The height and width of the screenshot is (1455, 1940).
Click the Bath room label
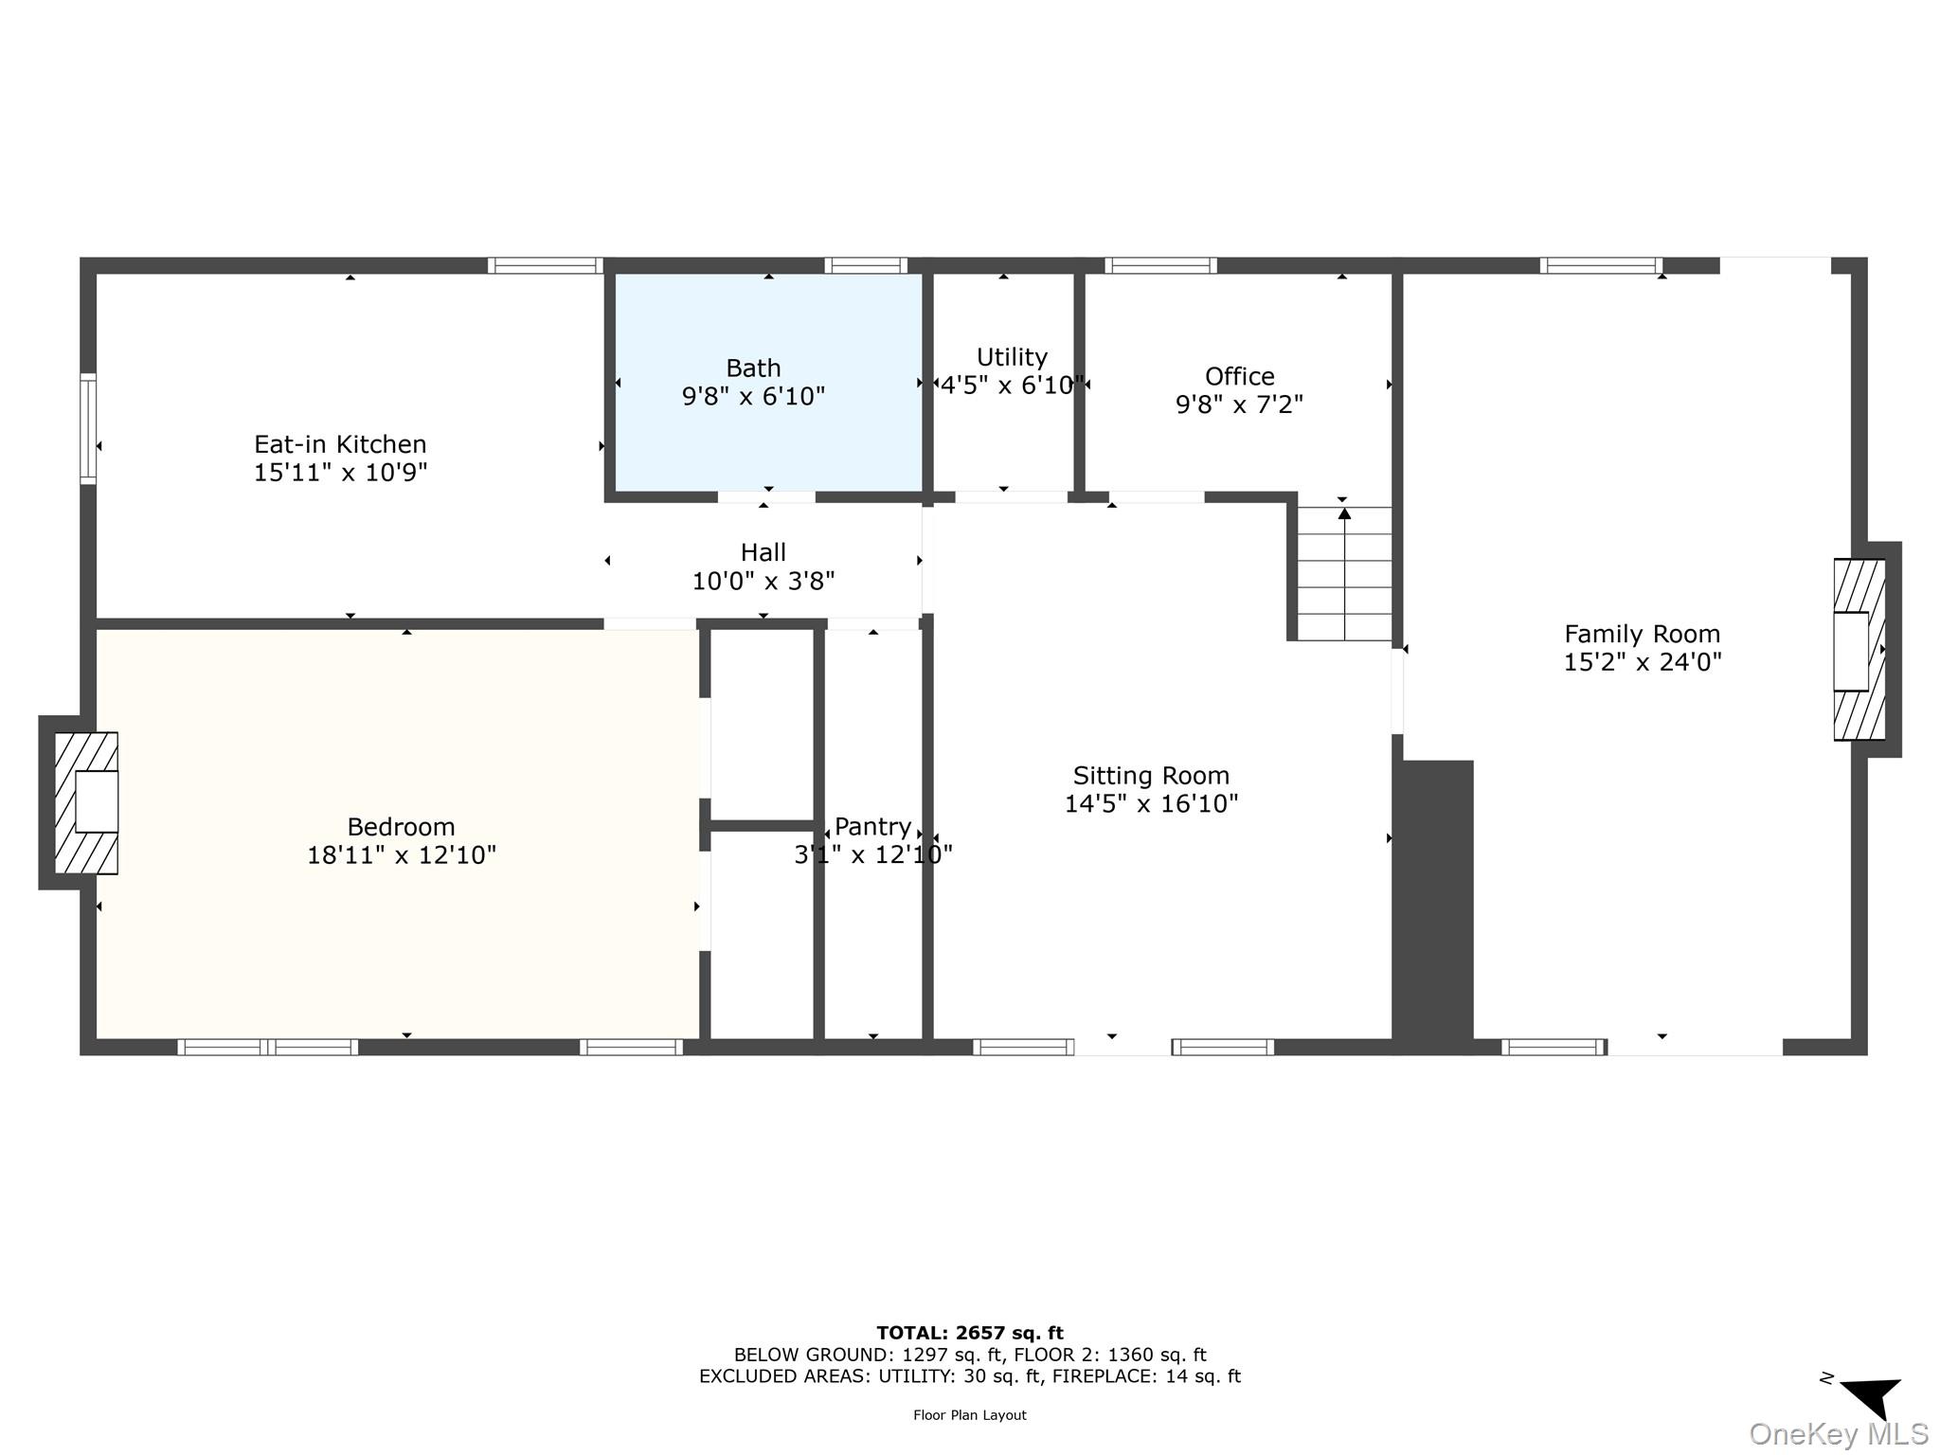pos(753,368)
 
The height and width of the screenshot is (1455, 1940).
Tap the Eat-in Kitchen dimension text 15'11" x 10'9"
pos(340,473)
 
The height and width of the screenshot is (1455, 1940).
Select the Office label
pos(1239,376)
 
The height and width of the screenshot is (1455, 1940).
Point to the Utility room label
pos(1012,357)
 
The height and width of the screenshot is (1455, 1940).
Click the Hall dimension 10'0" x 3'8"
pos(763,581)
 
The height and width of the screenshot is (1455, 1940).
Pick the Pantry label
pos(872,826)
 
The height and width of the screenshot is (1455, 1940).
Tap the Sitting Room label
pos(1151,776)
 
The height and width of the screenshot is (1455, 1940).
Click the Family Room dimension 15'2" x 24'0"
pos(1642,662)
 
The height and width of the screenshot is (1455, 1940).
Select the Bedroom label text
pos(401,827)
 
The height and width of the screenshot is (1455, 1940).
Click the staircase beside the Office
pos(1344,573)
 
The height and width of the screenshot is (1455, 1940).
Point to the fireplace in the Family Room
pos(1859,650)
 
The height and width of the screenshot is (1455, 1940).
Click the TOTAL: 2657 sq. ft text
pos(969,1333)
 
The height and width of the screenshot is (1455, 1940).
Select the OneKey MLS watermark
pos(1838,1434)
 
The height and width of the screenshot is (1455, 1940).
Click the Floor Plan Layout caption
pos(969,1415)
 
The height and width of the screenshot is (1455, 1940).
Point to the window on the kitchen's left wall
pos(88,429)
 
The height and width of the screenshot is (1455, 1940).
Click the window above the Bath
pos(865,265)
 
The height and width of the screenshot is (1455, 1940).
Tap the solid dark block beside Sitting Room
pos(1433,905)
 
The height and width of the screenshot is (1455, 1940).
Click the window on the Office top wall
pos(1159,265)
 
